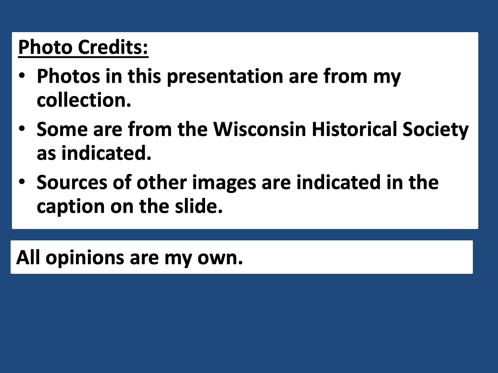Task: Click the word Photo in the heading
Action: pyautogui.click(x=45, y=47)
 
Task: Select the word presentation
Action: pyautogui.click(x=225, y=77)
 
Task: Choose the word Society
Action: pyautogui.click(x=435, y=130)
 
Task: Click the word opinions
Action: pyautogui.click(x=85, y=259)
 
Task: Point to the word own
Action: pyautogui.click(x=220, y=258)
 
